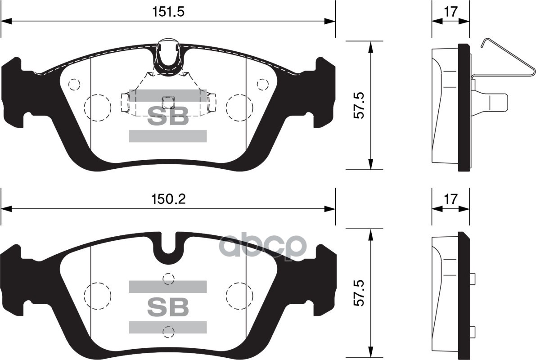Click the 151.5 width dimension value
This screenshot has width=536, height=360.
pyautogui.click(x=168, y=13)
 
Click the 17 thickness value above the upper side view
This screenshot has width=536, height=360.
pyautogui.click(x=450, y=12)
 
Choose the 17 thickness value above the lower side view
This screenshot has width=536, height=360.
pyautogui.click(x=450, y=199)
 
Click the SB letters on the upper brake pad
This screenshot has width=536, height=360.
pyautogui.click(x=168, y=118)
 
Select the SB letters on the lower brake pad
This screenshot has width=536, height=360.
pyautogui.click(x=168, y=307)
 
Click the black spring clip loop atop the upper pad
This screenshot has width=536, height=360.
pyautogui.click(x=168, y=61)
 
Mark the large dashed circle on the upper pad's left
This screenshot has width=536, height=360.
pyautogui.click(x=98, y=108)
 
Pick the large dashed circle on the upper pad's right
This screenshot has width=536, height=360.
pyautogui.click(x=239, y=108)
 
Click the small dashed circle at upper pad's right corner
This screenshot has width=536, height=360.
pyautogui.click(x=263, y=84)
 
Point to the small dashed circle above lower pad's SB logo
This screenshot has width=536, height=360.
pyautogui.click(x=168, y=279)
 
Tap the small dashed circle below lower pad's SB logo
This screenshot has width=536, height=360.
pyautogui.click(x=168, y=332)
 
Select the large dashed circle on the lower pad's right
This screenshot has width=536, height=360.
pyautogui.click(x=239, y=296)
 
